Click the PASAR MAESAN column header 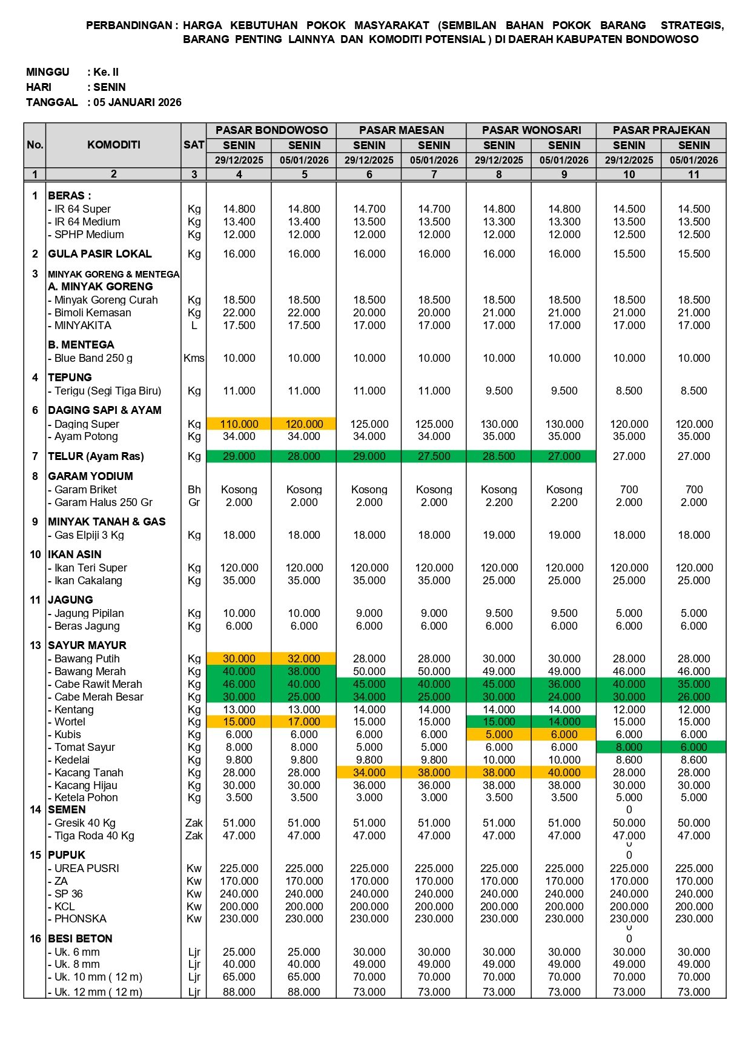coord(402,130)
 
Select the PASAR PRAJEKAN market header coord(661,130)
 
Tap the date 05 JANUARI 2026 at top coord(137,102)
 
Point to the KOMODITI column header coord(113,145)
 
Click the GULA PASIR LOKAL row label coord(100,254)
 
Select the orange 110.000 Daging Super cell coord(239,424)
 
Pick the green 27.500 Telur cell coord(434,456)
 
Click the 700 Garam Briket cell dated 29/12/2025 coord(629,490)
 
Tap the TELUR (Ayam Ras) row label coord(97,456)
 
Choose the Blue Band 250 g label coord(93,358)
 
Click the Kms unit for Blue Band coord(194,358)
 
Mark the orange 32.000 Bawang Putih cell coord(304,659)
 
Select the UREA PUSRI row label coord(87,868)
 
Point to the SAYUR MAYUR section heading coord(87,645)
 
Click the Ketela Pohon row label coord(86,798)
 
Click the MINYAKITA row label coord(83,325)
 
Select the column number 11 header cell coord(693,175)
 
